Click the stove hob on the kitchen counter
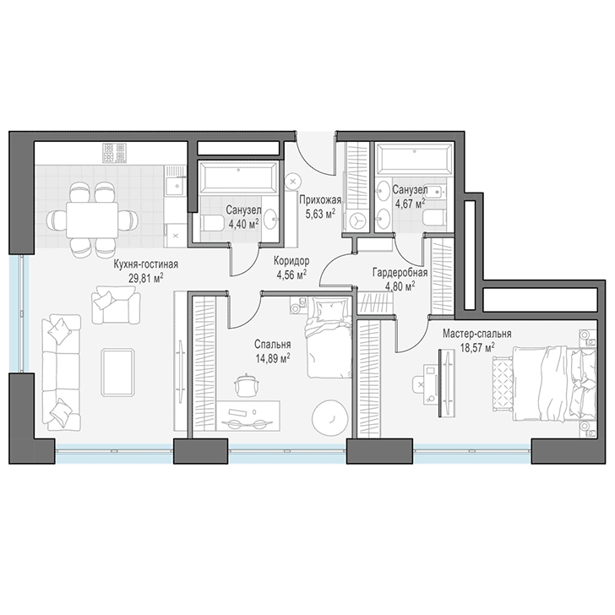(x=115, y=153)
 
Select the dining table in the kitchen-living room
(x=92, y=220)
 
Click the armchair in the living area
(x=116, y=305)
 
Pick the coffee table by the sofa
(x=117, y=373)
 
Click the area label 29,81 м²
(x=146, y=279)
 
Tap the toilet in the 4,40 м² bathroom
(x=212, y=224)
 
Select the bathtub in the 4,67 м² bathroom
(x=413, y=159)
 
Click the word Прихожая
(x=320, y=200)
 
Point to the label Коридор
(x=291, y=260)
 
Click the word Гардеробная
(x=400, y=272)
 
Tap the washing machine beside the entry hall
(x=356, y=220)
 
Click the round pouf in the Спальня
(x=329, y=417)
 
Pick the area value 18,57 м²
(x=477, y=347)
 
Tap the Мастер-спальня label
(x=477, y=334)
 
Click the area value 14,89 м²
(x=273, y=357)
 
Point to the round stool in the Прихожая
(x=293, y=182)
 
